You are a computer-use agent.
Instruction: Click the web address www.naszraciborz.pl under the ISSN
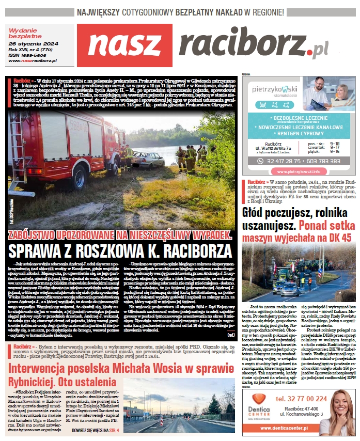pos(33,61)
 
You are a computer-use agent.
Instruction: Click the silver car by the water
pos(148,159)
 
